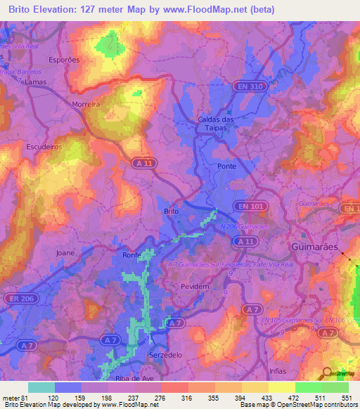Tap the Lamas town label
[x=35, y=82]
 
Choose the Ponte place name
[x=226, y=166]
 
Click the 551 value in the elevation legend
[x=345, y=398]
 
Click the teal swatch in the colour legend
[x=41, y=387]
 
